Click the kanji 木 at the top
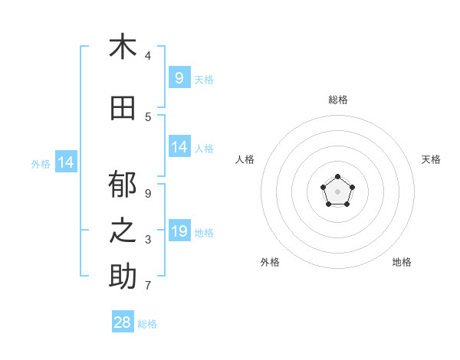123,47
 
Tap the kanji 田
123,109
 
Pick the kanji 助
123,277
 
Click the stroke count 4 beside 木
148,56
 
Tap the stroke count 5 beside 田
148,117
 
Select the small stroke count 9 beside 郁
148,194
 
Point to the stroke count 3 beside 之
148,240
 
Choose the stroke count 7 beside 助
148,286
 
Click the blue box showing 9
179,78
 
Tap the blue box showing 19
179,231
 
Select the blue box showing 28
123,322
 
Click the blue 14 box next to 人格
179,147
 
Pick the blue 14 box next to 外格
66,162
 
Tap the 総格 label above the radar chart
338,100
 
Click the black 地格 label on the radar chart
402,262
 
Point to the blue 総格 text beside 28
147,324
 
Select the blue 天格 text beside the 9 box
204,80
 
